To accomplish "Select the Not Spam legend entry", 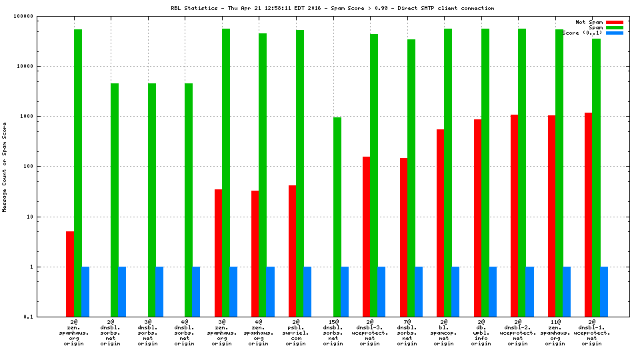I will [589, 22].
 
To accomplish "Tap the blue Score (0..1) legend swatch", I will [615, 33].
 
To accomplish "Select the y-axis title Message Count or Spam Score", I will [5, 167].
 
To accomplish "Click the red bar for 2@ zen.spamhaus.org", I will [70, 274].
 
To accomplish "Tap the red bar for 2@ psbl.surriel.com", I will [292, 251].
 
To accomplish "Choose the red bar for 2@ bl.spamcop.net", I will [440, 223].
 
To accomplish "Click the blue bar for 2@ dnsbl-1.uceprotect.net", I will [603, 292].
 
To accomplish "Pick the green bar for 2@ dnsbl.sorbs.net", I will [115, 200].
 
